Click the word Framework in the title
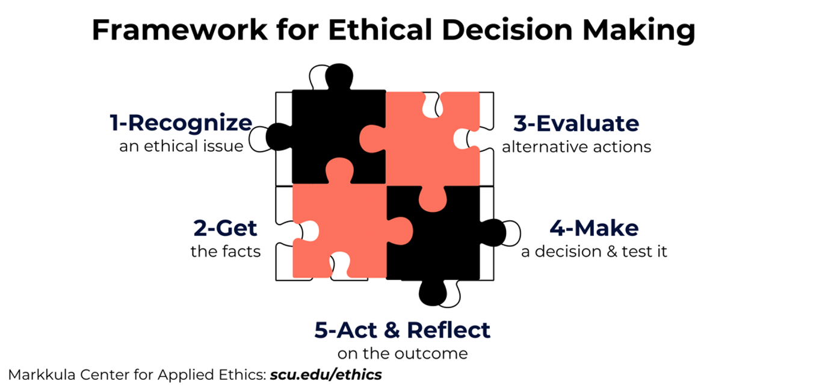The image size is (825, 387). [x=180, y=30]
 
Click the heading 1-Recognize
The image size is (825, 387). [x=181, y=123]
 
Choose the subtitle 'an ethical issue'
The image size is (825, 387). [x=181, y=146]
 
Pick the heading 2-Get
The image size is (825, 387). [x=225, y=228]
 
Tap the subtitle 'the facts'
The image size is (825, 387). [x=226, y=252]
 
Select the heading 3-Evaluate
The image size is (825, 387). [x=576, y=123]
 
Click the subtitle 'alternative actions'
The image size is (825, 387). [x=576, y=146]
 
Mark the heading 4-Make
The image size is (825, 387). [x=594, y=228]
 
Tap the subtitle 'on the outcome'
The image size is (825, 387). [x=403, y=353]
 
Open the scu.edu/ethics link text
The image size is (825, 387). [x=326, y=375]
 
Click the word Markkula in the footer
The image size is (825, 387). [x=42, y=375]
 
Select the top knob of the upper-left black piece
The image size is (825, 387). [x=339, y=76]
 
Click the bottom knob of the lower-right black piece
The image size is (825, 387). [x=433, y=293]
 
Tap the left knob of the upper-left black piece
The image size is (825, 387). [x=279, y=137]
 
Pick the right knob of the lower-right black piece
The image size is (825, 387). [x=493, y=233]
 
